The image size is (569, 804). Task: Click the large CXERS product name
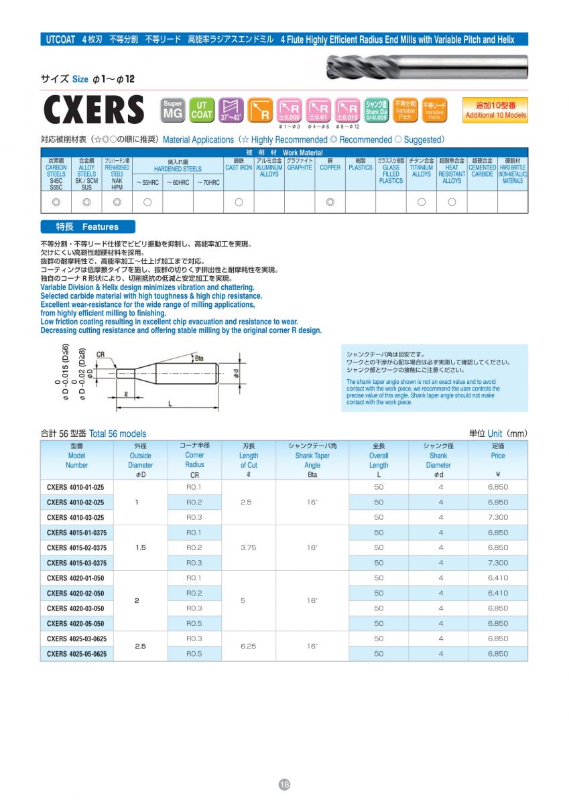(x=93, y=110)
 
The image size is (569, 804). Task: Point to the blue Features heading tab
(x=88, y=226)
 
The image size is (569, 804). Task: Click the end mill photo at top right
(x=427, y=67)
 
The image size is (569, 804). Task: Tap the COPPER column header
(x=330, y=167)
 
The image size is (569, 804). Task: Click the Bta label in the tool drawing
(x=198, y=358)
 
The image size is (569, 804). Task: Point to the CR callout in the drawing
(x=101, y=354)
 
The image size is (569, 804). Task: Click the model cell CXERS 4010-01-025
(x=76, y=487)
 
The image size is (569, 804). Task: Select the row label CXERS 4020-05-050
(x=76, y=624)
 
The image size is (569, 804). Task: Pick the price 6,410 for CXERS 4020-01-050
(x=498, y=578)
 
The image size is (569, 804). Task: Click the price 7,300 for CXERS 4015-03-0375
(x=498, y=563)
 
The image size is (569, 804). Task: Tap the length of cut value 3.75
(x=249, y=548)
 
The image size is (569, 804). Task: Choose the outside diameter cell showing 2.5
(x=140, y=647)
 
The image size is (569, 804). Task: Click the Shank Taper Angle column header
(x=312, y=456)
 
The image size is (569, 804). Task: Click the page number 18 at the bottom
(x=284, y=785)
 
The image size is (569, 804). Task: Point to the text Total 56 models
(x=117, y=433)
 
